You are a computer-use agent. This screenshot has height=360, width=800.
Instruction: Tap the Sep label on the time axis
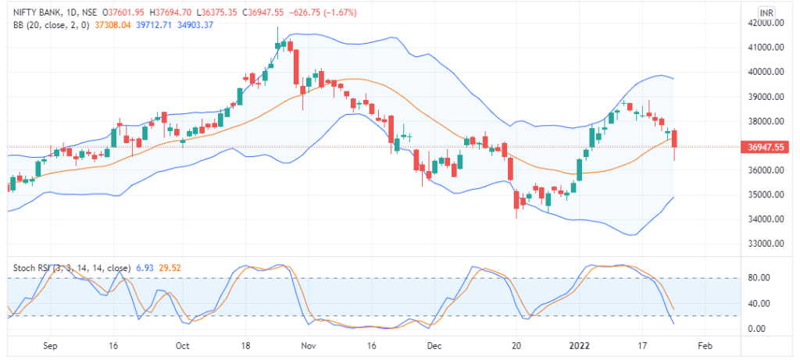pyautogui.click(x=51, y=344)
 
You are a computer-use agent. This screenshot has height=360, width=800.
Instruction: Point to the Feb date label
pyautogui.click(x=704, y=344)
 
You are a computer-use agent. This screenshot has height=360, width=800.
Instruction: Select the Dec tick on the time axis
pyautogui.click(x=434, y=344)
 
